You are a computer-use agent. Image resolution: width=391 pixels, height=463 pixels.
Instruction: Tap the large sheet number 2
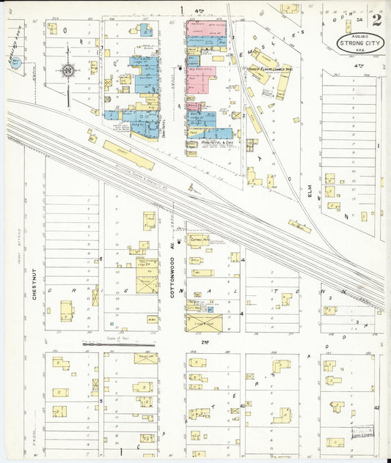point(376,20)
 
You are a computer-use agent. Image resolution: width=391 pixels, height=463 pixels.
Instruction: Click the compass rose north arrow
point(67,71)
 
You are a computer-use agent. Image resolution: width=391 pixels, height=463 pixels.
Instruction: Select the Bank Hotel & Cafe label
point(210,142)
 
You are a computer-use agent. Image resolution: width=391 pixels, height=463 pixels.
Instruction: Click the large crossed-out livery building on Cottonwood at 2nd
point(205,321)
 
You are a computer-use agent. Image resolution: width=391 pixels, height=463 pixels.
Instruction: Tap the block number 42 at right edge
point(376,407)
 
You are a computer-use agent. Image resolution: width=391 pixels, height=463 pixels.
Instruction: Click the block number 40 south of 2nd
point(242,405)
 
